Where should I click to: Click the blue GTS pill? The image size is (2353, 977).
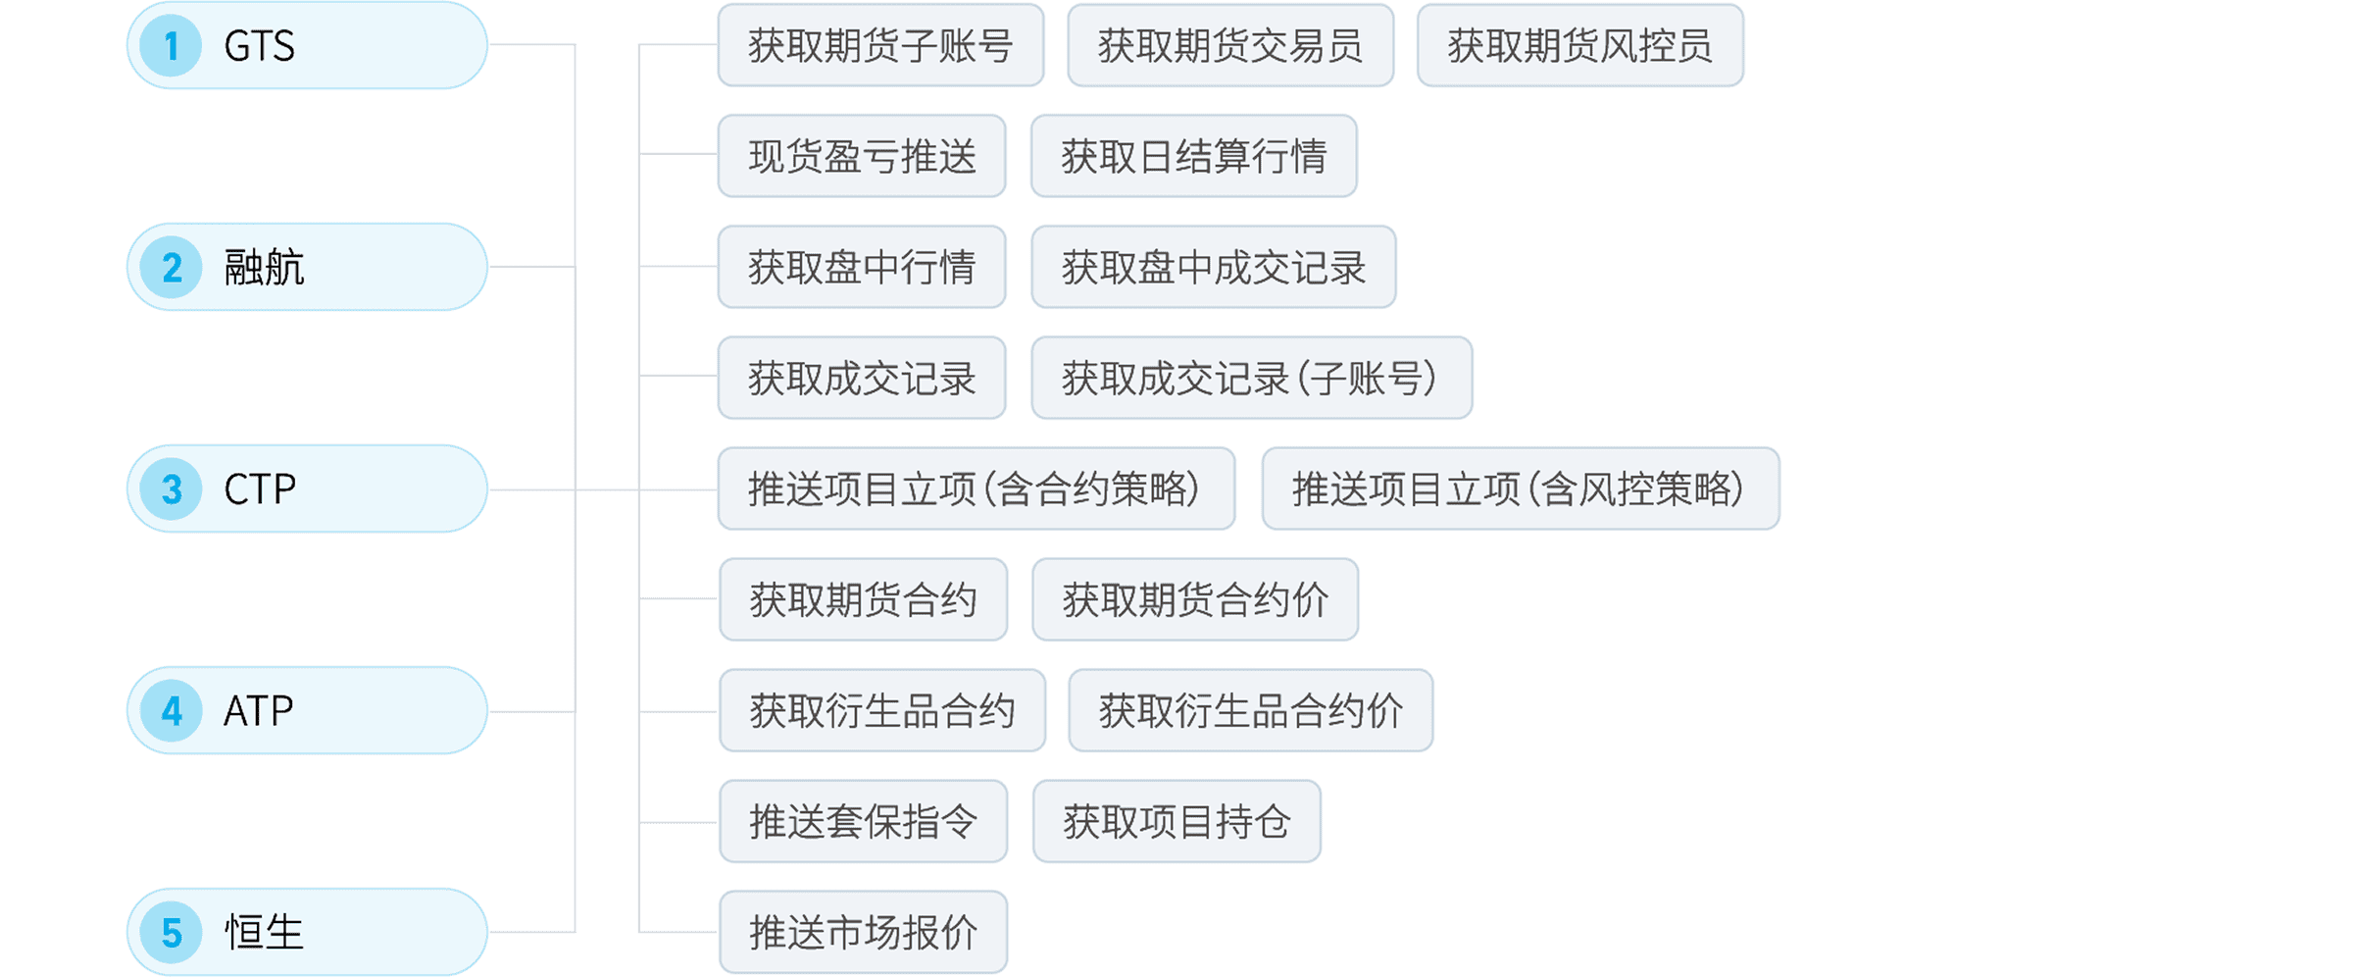[307, 46]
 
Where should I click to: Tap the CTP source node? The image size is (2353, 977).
[307, 488]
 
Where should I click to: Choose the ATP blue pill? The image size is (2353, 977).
[307, 710]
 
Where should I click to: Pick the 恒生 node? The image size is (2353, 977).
[307, 931]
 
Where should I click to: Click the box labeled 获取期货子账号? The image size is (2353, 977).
[880, 46]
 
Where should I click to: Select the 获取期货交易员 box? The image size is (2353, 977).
[1230, 46]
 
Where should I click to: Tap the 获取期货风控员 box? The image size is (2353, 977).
[1580, 46]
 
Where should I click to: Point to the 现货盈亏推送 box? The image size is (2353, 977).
[862, 156]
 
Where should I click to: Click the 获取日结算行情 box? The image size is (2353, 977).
[1193, 156]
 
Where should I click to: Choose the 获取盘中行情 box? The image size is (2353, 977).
[862, 267]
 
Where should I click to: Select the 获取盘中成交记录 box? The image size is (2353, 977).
[1213, 267]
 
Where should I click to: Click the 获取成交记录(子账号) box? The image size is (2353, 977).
[1251, 378]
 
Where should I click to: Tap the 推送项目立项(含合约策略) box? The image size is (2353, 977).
[976, 488]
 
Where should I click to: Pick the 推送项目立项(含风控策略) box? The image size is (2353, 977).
[1520, 488]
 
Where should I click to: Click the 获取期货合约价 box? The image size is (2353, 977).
[1195, 599]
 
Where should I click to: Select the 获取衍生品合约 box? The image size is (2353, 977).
[882, 710]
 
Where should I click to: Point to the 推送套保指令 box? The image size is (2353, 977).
[863, 821]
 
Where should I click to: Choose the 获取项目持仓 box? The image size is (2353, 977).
[1176, 821]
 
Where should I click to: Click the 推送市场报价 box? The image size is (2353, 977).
[863, 932]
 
